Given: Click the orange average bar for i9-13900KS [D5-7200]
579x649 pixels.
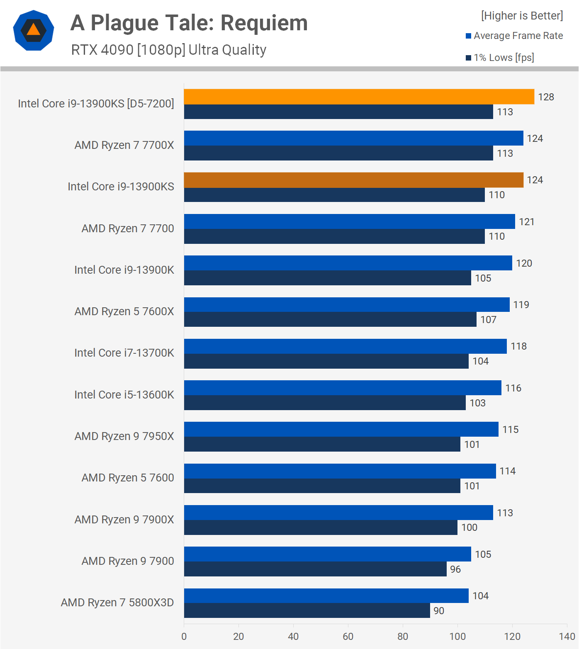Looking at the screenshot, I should (x=359, y=97).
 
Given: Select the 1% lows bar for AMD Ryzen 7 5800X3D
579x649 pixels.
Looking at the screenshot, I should (x=307, y=610).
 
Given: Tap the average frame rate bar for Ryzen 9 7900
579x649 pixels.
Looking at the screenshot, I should (x=327, y=554).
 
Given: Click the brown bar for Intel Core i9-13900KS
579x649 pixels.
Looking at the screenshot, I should (x=353, y=180).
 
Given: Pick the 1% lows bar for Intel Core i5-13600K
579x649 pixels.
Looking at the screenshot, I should (x=325, y=403).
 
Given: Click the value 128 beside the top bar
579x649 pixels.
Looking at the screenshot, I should (x=546, y=97).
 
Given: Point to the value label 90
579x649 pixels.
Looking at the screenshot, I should (x=439, y=611).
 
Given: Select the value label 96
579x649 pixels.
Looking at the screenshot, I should (x=455, y=569).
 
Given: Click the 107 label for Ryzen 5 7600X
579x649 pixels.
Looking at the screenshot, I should (x=488, y=320).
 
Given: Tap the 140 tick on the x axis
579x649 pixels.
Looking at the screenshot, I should (x=567, y=637).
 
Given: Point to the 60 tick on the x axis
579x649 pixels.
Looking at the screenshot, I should (x=348, y=637).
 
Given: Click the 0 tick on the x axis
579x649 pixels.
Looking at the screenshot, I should (x=184, y=637).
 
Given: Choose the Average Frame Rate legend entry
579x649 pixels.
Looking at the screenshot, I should (x=518, y=36).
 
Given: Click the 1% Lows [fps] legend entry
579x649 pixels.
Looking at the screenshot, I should (x=504, y=58).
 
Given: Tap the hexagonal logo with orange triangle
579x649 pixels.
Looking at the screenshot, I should (x=34, y=30).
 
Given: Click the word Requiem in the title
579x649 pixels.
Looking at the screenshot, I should (x=264, y=23).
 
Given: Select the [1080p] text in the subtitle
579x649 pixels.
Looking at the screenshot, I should (x=161, y=50).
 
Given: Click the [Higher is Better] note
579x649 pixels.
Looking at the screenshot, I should (x=522, y=16).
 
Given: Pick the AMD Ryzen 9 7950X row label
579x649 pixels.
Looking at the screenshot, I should (x=124, y=436).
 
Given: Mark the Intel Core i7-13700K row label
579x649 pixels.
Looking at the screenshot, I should (x=124, y=353).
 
